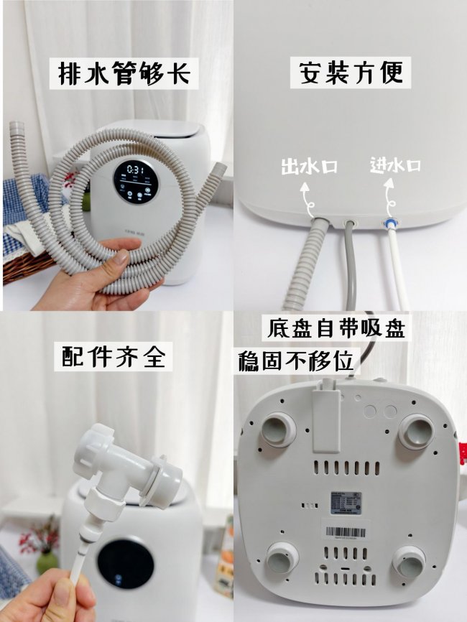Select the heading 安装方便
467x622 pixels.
[351, 73]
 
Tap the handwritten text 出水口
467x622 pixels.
[309, 167]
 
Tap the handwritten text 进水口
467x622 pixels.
[394, 165]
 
